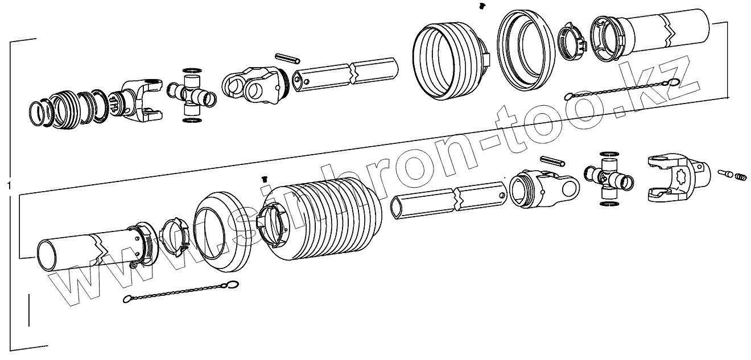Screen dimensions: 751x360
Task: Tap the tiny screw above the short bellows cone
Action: point(482,6)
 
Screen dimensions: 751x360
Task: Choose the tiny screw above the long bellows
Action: point(263,179)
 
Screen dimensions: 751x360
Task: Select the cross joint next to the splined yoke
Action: point(192,94)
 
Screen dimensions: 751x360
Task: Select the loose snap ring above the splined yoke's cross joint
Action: point(192,69)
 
